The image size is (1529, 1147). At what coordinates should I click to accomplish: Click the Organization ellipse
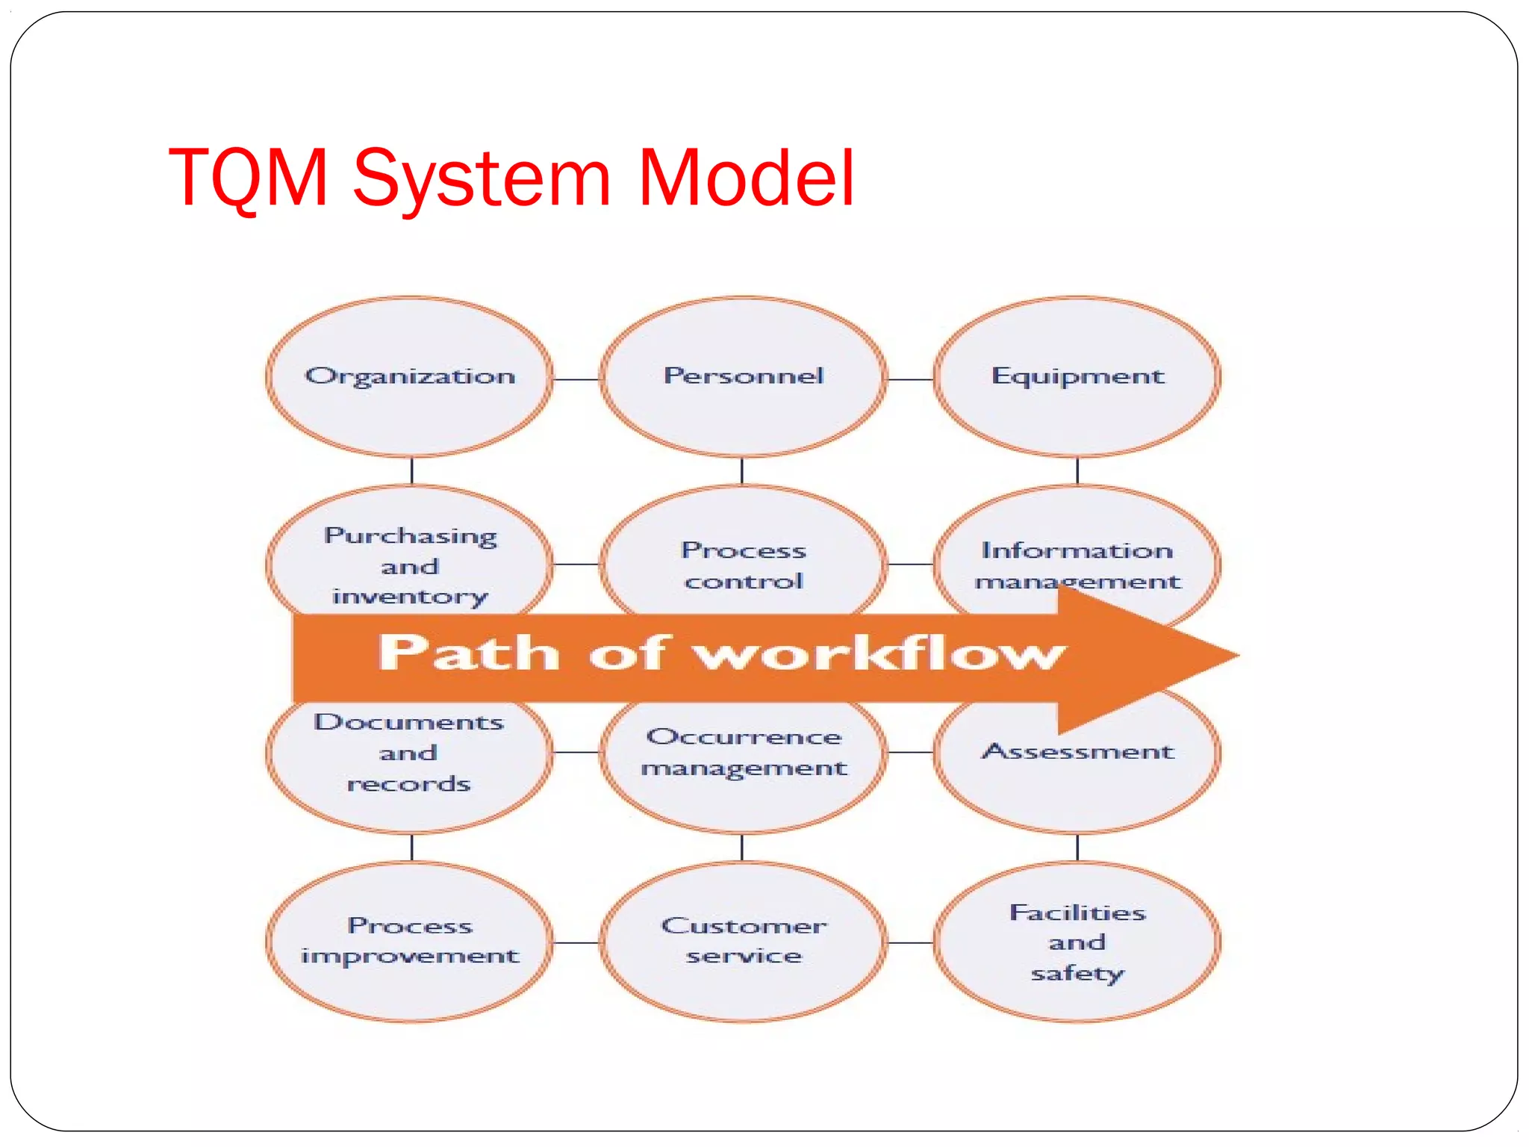410,376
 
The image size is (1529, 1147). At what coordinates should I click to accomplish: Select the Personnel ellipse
744,376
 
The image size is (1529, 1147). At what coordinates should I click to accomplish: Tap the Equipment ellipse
1077,376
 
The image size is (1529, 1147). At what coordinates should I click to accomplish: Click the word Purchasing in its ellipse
411,536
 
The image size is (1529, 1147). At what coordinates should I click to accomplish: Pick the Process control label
744,565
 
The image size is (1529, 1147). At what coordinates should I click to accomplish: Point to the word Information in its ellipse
1077,550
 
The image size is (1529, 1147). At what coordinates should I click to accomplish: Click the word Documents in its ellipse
409,722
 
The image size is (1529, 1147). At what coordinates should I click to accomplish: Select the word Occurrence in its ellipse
744,737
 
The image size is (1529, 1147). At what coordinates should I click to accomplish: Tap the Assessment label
1077,751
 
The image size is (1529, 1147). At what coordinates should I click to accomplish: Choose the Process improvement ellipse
410,941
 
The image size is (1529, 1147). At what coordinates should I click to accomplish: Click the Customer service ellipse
744,941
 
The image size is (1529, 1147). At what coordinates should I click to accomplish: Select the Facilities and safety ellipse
1077,942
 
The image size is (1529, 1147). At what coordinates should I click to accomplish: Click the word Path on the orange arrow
469,653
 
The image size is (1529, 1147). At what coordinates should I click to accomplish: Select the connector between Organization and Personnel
576,379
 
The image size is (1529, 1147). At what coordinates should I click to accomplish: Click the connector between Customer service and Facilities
910,942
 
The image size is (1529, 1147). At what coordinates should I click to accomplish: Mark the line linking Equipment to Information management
1077,470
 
